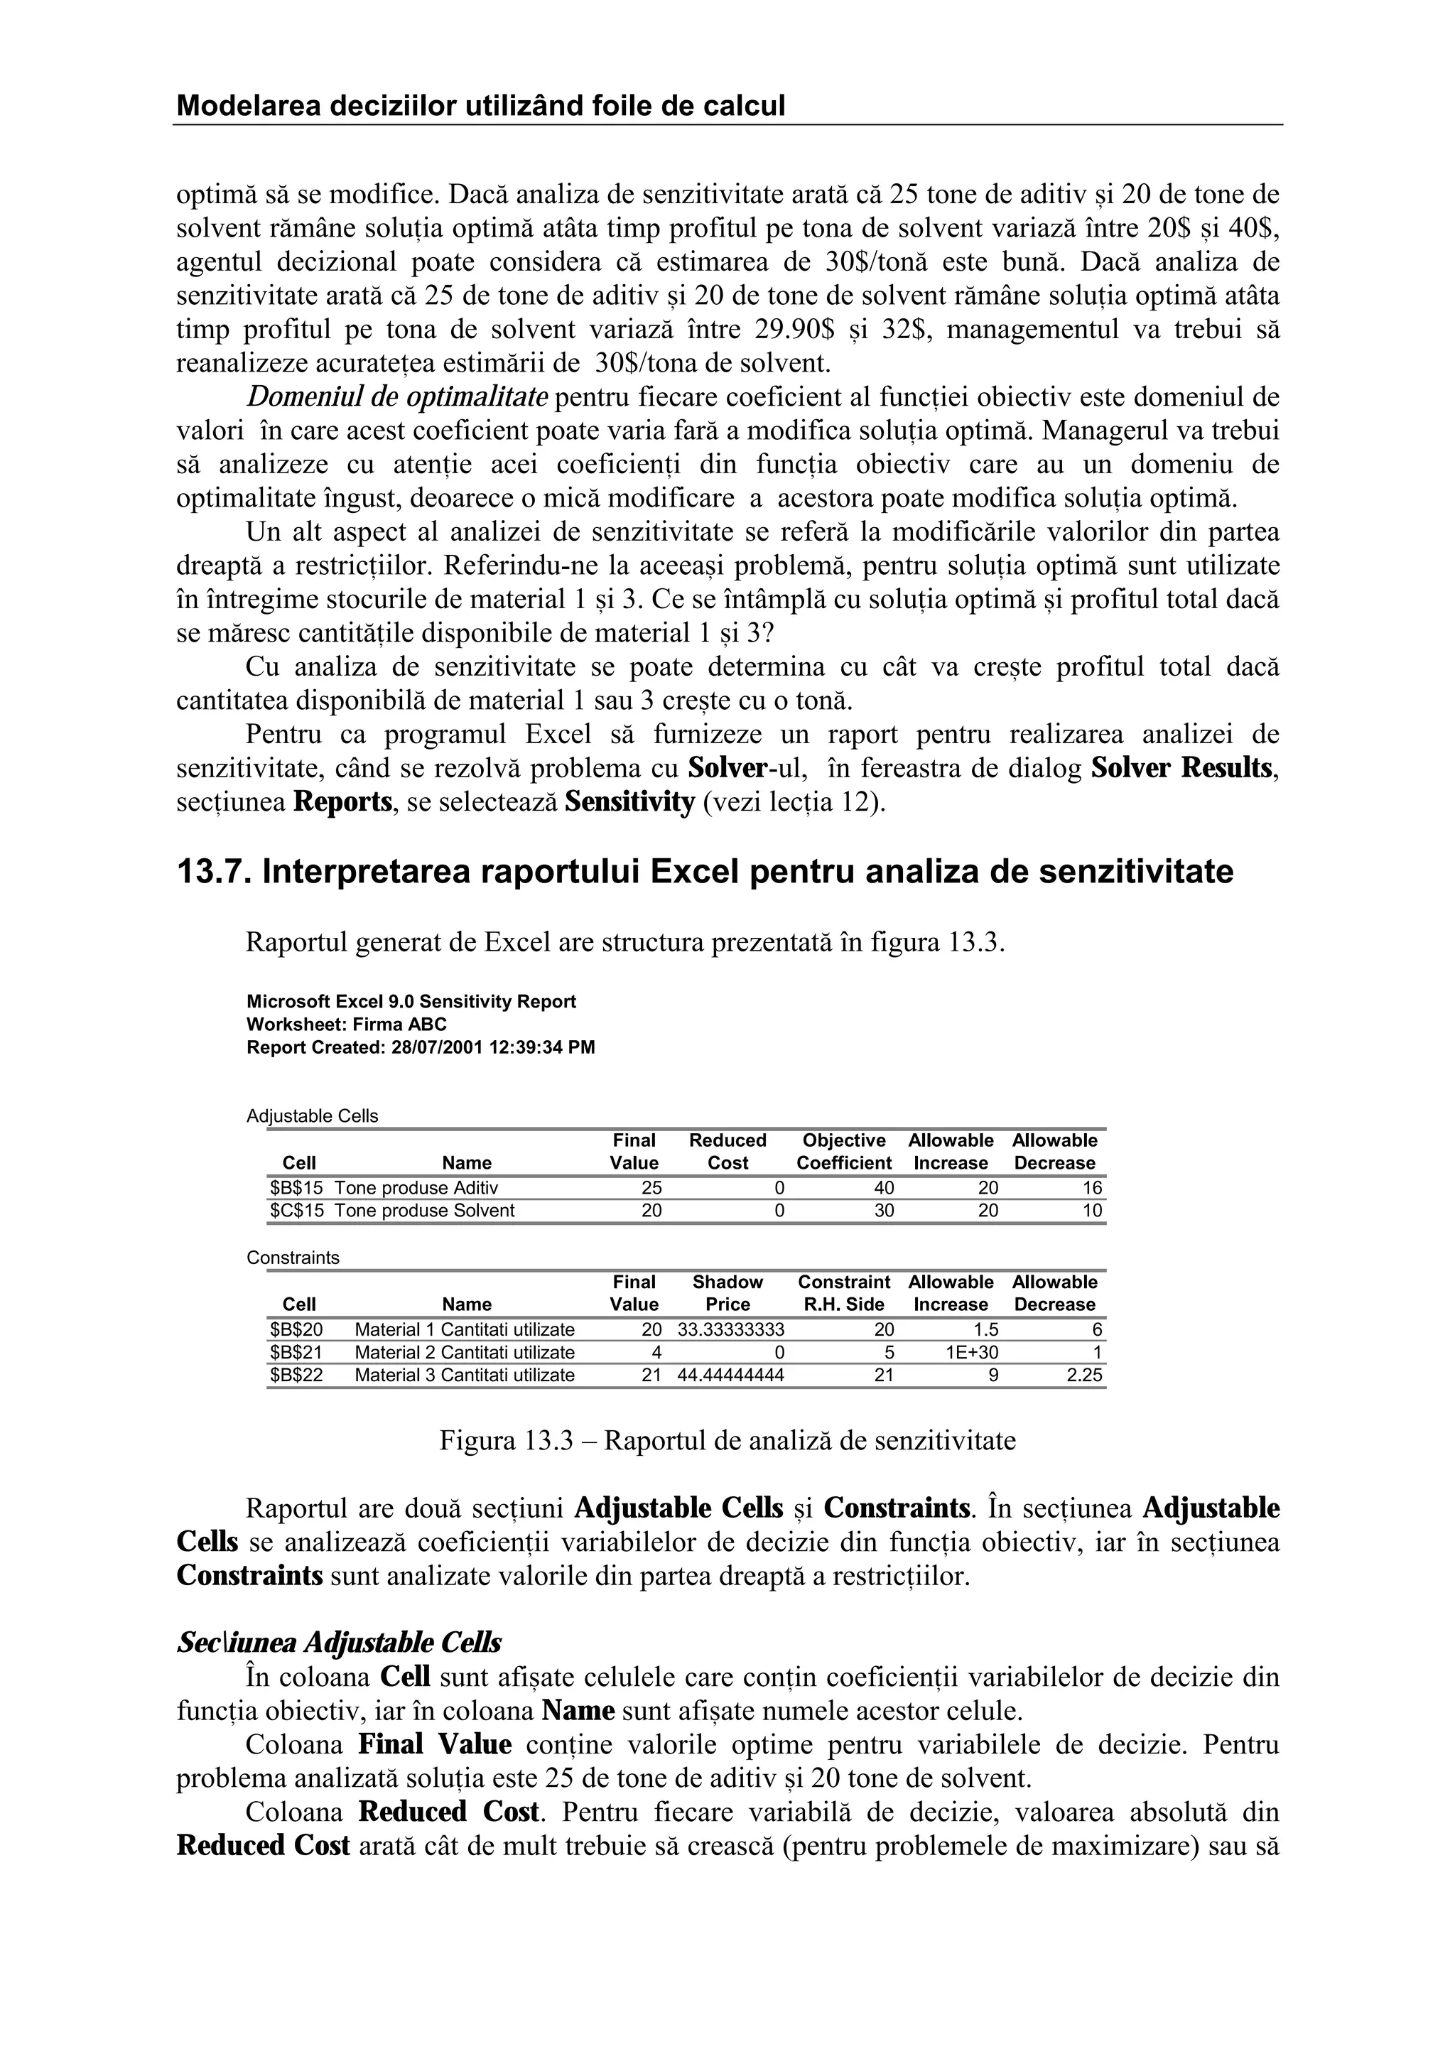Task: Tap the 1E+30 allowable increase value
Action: tap(972, 1352)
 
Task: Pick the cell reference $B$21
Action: tap(296, 1352)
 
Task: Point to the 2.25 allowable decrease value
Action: tap(1084, 1375)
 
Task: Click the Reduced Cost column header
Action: tap(727, 1152)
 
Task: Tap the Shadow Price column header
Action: tap(727, 1293)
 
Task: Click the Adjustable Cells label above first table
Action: tap(312, 1115)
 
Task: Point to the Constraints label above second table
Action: tap(293, 1258)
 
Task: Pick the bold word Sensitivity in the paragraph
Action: tap(629, 801)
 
